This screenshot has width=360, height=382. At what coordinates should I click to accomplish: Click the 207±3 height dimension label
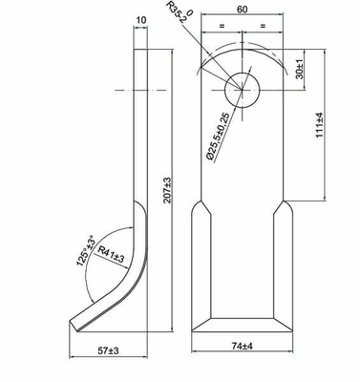(167, 190)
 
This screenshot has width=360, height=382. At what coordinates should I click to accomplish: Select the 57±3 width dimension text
(108, 350)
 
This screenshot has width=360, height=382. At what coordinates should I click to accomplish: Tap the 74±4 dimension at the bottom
(242, 346)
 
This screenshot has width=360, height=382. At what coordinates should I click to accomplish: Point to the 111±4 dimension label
(319, 125)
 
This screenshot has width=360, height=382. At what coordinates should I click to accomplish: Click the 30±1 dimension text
(300, 70)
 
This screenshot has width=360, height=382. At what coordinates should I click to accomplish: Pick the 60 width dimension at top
(242, 10)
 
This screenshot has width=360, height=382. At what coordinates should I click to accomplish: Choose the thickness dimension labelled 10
(141, 20)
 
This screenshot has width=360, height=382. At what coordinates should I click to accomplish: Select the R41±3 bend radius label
(111, 254)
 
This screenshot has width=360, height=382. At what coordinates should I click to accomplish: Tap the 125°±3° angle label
(85, 251)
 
